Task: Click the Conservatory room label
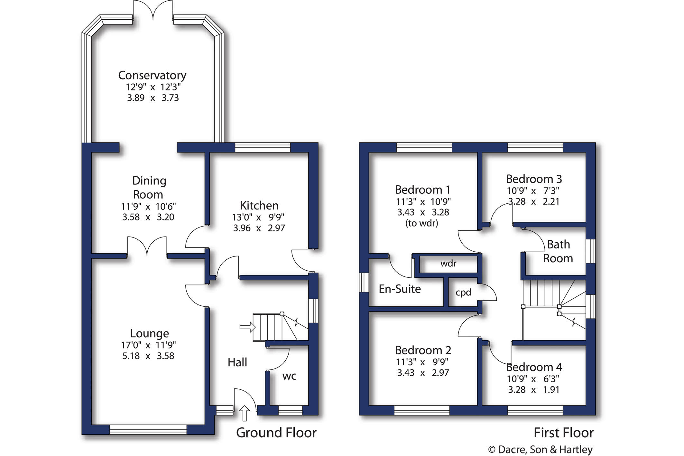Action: click(152, 75)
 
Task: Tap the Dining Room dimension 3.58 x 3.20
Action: click(148, 217)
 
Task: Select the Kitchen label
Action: click(259, 205)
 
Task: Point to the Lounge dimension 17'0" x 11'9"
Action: click(148, 345)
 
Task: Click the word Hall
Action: click(237, 362)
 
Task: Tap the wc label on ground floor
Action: click(289, 376)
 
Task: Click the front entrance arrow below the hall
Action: click(245, 413)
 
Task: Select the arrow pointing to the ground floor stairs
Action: click(247, 327)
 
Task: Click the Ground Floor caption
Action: click(276, 433)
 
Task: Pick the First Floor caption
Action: click(564, 433)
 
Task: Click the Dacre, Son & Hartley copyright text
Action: click(541, 450)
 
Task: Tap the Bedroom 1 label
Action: click(423, 190)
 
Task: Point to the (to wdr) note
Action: click(422, 223)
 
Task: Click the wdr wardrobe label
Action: click(448, 264)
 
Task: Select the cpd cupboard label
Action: click(463, 292)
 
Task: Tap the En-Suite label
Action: click(400, 289)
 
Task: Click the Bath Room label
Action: click(558, 251)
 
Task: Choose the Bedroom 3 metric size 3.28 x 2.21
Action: click(534, 202)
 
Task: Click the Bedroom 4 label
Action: click(534, 367)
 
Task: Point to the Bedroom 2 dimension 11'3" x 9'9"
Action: click(422, 362)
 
